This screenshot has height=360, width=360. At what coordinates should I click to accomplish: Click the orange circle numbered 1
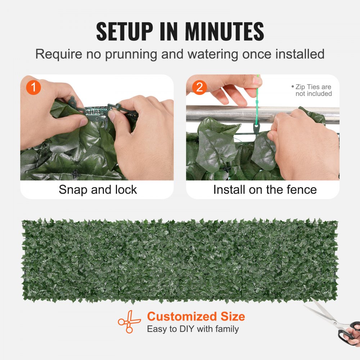pos(33,87)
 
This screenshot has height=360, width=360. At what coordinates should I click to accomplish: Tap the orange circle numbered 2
pos(200,87)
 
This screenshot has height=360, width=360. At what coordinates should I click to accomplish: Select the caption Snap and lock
pos(98,190)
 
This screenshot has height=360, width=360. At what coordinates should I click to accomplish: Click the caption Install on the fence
pos(265,190)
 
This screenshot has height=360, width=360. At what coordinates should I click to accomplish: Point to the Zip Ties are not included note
pos(312,90)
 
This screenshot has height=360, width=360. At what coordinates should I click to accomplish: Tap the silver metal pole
pos(223,114)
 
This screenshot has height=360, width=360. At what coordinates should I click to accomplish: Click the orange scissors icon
pos(130,321)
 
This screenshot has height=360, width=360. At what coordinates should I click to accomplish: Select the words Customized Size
pos(196,317)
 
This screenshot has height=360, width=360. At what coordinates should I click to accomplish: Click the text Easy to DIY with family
pos(193,329)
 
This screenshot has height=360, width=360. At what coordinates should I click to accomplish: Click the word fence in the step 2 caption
pos(303,190)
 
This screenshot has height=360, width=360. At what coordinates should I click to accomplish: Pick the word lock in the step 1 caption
pos(126,190)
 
